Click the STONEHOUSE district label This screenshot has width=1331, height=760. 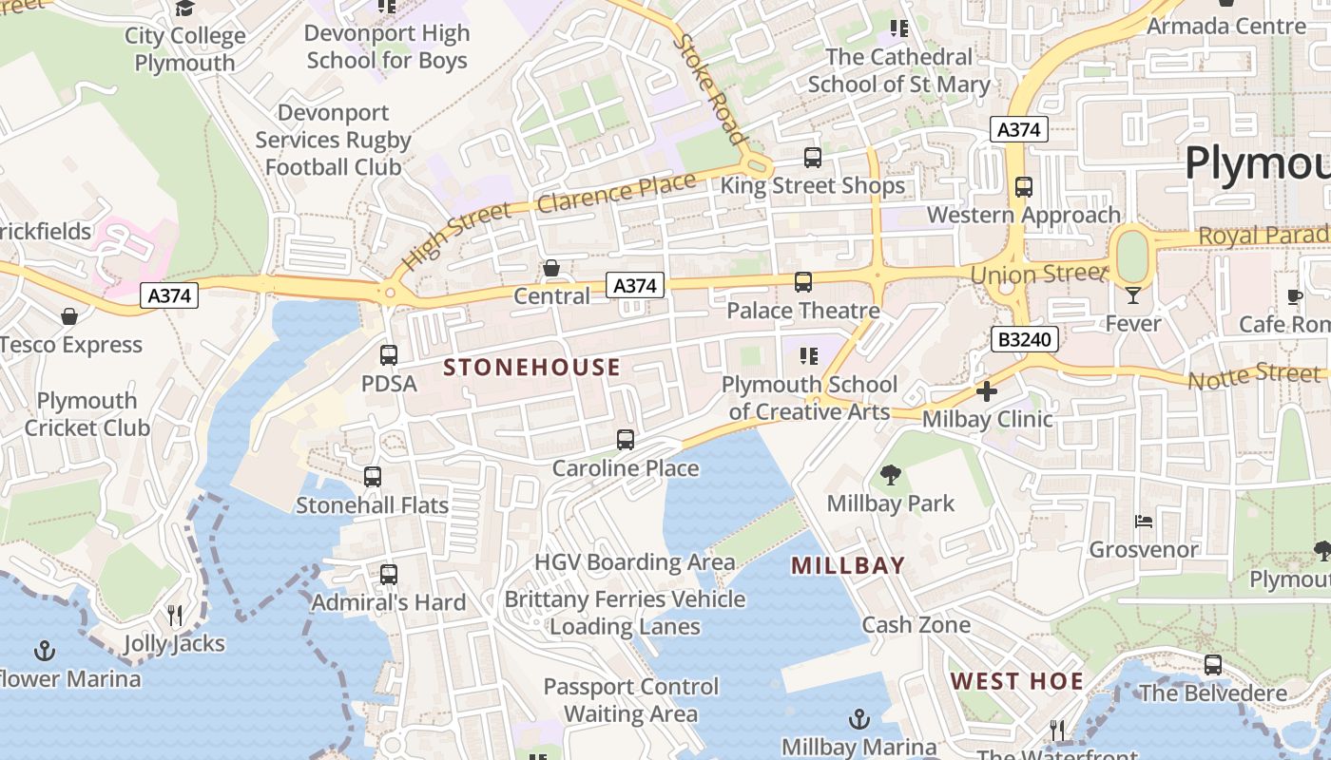pyautogui.click(x=532, y=368)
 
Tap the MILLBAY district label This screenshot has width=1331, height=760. pyautogui.click(x=848, y=566)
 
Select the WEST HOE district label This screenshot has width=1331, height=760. pyautogui.click(x=1017, y=681)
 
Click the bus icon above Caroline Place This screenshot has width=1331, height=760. pyautogui.click(x=626, y=440)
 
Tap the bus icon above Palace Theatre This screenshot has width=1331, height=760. pyautogui.click(x=803, y=282)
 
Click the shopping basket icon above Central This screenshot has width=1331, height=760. pyautogui.click(x=551, y=269)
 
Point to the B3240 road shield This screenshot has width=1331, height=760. pyautogui.click(x=1024, y=339)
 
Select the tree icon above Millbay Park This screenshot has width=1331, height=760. pyautogui.click(x=891, y=474)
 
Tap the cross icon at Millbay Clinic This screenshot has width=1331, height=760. pyautogui.click(x=987, y=390)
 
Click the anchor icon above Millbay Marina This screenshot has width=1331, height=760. pyautogui.click(x=859, y=719)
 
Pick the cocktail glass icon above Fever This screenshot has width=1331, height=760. pyautogui.click(x=1132, y=295)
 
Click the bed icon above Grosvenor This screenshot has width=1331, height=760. pyautogui.click(x=1144, y=522)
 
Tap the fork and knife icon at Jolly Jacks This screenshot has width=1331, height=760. pyautogui.click(x=175, y=616)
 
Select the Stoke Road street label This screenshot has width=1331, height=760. pyautogui.click(x=709, y=89)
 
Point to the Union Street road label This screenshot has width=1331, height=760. pyautogui.click(x=1039, y=275)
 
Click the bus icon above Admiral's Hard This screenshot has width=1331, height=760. pyautogui.click(x=389, y=575)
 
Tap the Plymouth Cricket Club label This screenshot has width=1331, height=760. pyautogui.click(x=87, y=414)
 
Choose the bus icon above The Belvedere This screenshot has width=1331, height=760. pyautogui.click(x=1213, y=665)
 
